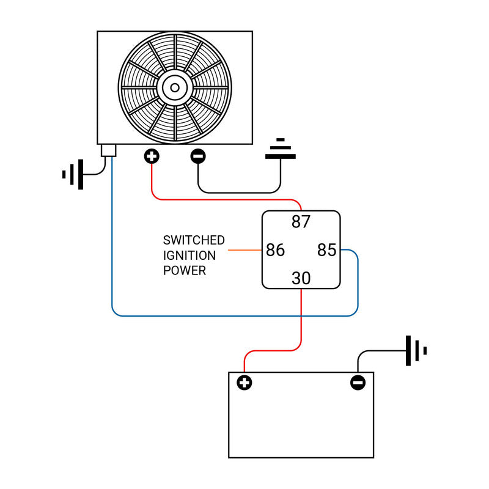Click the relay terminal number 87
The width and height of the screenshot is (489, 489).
click(301, 222)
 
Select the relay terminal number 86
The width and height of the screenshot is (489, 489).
click(275, 250)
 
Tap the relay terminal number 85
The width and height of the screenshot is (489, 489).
click(327, 250)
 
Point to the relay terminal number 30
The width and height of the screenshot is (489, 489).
click(301, 279)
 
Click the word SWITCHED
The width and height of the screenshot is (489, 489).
click(194, 240)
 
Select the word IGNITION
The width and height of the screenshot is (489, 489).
click(189, 256)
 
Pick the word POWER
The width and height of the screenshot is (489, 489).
click(184, 271)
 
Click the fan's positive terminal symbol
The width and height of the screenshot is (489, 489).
click(152, 156)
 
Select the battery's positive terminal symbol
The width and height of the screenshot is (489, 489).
click(244, 383)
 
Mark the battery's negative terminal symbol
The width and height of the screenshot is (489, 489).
click(358, 383)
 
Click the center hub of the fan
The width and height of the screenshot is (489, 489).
click(175, 87)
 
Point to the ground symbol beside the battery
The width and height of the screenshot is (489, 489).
click(416, 351)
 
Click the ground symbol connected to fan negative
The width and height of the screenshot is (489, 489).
click(281, 149)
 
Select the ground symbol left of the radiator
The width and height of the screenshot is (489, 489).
click(73, 174)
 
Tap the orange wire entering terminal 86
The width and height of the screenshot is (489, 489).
click(244, 250)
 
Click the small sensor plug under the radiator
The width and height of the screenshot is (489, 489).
click(109, 150)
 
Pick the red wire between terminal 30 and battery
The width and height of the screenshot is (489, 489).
click(301, 324)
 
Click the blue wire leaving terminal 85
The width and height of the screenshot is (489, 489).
click(357, 287)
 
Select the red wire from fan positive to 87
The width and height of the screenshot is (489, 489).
click(226, 199)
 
